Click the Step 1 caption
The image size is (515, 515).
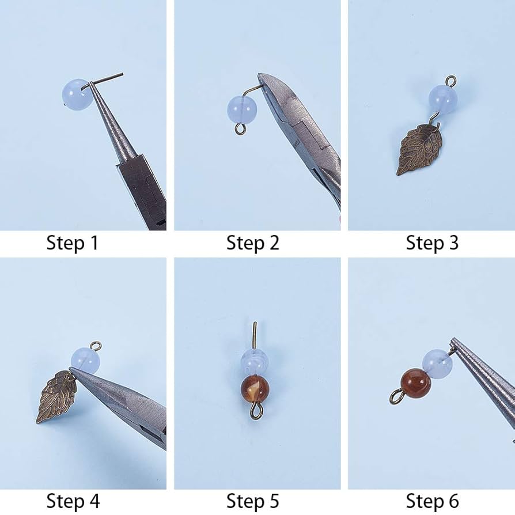tap(73, 243)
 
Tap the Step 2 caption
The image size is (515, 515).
tap(252, 243)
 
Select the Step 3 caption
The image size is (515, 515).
tap(432, 243)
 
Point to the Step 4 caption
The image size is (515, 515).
tap(73, 501)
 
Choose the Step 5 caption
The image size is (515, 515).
tap(252, 501)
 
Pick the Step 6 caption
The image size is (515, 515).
tap(432, 501)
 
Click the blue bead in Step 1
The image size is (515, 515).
tap(76, 94)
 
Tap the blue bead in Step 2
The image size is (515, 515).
tap(241, 109)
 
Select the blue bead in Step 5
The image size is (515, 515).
tap(254, 362)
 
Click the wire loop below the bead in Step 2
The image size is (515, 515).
tap(240, 128)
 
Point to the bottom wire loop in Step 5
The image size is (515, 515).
tap(255, 411)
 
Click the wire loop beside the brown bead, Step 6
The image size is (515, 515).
tap(396, 396)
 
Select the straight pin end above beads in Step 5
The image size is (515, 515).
tap(255, 334)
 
